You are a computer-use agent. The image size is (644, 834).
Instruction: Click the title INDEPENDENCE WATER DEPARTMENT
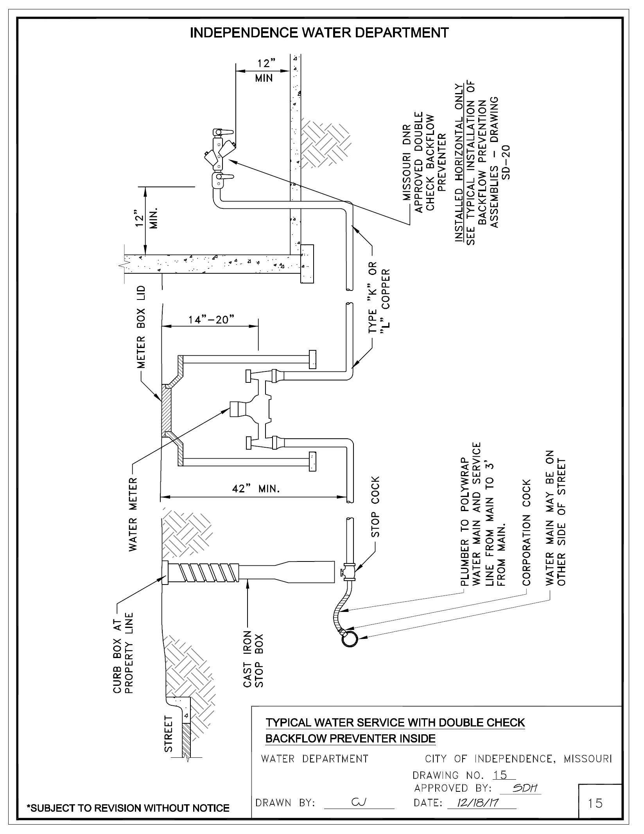click(x=319, y=33)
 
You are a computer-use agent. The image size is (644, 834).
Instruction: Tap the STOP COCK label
click(x=375, y=507)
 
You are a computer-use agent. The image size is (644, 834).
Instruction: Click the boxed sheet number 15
click(x=595, y=804)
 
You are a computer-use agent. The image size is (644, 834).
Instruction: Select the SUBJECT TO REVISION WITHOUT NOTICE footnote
click(x=128, y=808)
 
